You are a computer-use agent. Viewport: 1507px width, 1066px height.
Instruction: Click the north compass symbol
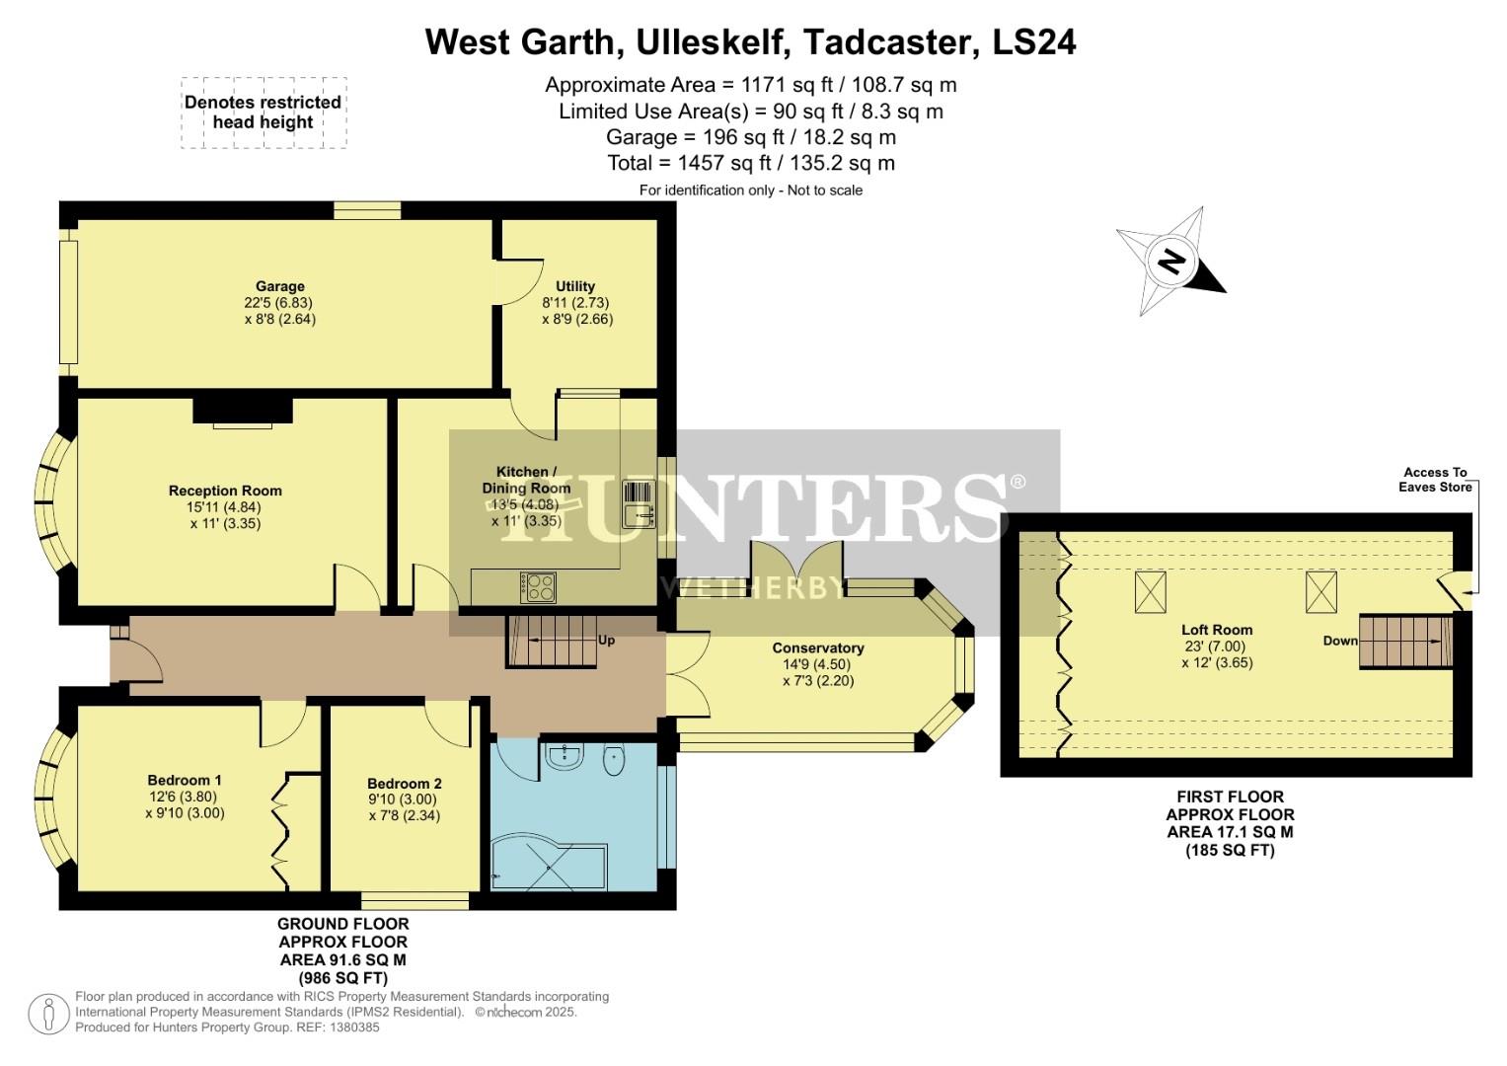coord(1170,262)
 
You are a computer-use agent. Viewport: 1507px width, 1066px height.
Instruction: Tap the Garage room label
coord(279,287)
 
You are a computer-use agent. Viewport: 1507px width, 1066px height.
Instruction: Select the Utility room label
coord(575,286)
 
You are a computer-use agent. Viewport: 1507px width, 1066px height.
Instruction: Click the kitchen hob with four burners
coord(538,587)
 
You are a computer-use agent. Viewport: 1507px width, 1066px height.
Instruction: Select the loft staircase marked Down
coord(1405,641)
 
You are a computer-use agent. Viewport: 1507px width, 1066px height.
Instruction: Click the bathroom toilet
coord(614,761)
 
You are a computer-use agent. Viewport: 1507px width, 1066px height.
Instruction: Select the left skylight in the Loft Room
coord(1149,591)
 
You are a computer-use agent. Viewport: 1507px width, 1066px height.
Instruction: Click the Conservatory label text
coord(817,648)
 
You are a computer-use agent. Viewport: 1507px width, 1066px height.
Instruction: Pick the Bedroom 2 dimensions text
coord(404,807)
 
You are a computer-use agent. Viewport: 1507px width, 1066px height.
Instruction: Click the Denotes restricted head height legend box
coord(264,113)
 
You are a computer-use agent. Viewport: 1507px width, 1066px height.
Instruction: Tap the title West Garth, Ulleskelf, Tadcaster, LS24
coord(750,41)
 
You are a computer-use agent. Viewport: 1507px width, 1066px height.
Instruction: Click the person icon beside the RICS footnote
coord(48,1014)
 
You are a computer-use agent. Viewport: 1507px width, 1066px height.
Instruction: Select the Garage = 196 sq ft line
coord(750,137)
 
